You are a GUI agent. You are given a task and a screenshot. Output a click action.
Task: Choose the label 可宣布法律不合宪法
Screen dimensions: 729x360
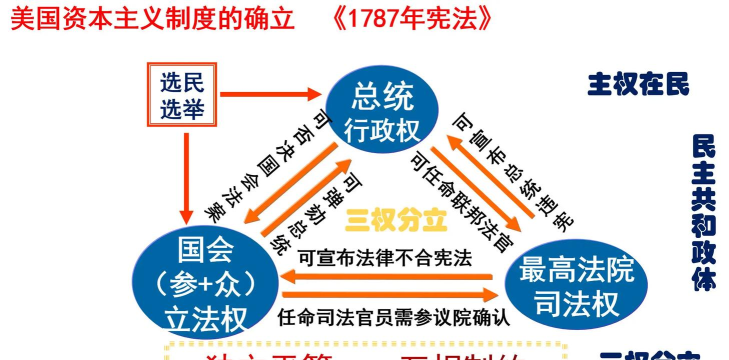tap(385, 256)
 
